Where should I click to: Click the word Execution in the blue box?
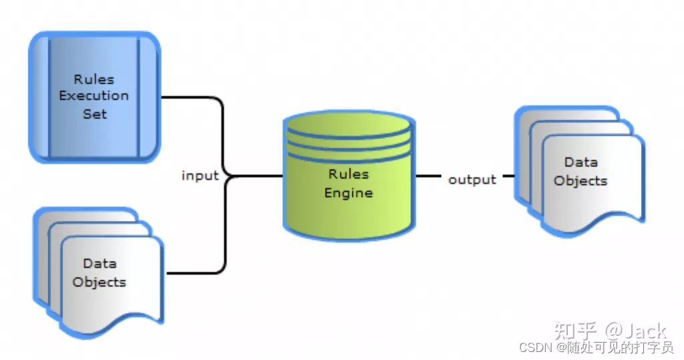click(x=94, y=96)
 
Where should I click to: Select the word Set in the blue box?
click(x=94, y=114)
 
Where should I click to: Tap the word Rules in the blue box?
click(x=94, y=79)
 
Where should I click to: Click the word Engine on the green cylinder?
click(x=348, y=193)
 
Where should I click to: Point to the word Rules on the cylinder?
click(x=348, y=174)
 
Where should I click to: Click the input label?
click(x=200, y=176)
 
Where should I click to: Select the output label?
click(x=472, y=179)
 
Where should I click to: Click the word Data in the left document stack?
click(x=100, y=264)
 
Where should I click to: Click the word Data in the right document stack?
click(x=580, y=162)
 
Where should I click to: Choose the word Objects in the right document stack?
click(x=580, y=180)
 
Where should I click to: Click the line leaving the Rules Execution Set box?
click(x=190, y=98)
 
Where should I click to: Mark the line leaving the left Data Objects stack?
click(x=194, y=273)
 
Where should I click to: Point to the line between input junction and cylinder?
click(x=257, y=176)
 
